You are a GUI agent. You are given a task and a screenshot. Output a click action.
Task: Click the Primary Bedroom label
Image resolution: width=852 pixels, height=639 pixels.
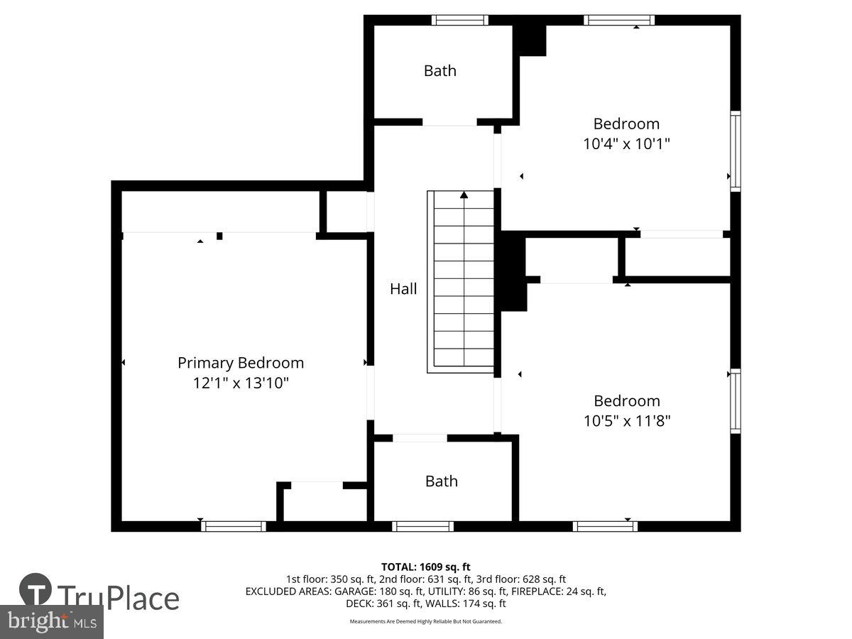click(241, 363)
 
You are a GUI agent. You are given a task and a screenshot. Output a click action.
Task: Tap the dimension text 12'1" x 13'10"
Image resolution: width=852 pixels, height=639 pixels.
click(241, 383)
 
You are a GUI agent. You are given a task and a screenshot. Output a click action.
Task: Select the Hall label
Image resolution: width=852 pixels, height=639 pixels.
click(403, 289)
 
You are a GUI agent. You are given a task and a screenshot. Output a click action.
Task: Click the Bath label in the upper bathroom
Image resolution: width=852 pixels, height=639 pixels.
click(440, 70)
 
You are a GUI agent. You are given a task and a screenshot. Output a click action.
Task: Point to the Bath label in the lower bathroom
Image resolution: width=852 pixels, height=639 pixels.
click(442, 481)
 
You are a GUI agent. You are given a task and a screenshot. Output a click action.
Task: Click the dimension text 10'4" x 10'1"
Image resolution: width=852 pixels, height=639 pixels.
click(627, 143)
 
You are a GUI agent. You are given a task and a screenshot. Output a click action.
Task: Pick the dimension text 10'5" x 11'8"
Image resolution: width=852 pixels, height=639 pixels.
click(627, 421)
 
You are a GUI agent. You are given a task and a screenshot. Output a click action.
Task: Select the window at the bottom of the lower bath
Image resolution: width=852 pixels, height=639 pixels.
click(422, 526)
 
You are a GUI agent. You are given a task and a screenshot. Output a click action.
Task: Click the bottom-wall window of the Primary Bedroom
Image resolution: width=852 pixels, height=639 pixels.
click(234, 526)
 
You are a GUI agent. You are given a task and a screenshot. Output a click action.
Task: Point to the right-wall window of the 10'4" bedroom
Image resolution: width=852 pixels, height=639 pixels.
click(736, 151)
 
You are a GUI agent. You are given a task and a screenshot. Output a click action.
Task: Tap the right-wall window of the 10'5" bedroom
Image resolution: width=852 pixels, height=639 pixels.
click(736, 401)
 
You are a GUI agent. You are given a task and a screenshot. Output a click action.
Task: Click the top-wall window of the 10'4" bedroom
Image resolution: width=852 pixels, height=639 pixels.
click(619, 20)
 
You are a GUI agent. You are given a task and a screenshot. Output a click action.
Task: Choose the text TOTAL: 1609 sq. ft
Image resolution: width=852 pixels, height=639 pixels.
click(426, 567)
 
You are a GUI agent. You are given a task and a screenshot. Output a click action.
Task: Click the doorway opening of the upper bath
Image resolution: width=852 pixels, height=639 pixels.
click(450, 122)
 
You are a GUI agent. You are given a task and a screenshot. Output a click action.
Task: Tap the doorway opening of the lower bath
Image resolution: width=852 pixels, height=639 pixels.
click(420, 438)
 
